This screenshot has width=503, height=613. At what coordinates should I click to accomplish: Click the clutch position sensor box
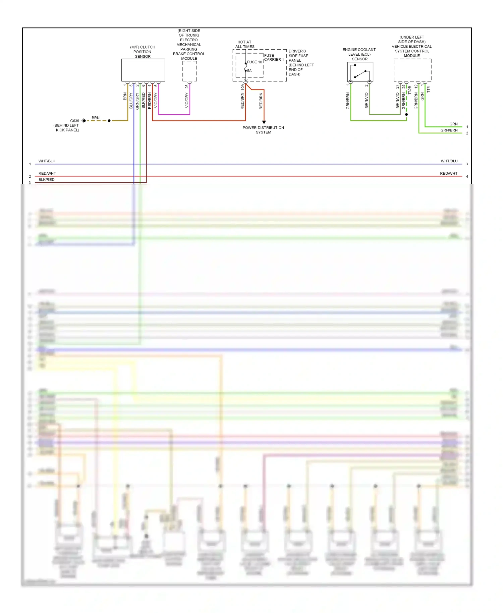(143, 70)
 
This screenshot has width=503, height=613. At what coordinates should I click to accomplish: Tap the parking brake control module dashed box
(189, 71)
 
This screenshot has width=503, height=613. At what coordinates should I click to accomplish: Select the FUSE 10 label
(255, 62)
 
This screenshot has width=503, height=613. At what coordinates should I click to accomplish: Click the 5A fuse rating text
(249, 71)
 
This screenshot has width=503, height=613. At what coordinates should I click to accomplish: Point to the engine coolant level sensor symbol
(360, 72)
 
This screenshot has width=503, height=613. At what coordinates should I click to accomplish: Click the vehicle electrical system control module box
(412, 70)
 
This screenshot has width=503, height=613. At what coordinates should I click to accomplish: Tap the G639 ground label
(74, 121)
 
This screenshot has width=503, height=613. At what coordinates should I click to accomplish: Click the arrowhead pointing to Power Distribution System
(264, 122)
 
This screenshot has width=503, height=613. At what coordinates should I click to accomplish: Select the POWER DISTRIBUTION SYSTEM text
(263, 130)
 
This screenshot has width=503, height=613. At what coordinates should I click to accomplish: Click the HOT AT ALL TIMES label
(245, 44)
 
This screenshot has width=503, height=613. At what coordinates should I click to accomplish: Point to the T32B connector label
(410, 90)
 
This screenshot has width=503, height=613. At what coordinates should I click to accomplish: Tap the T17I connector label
(429, 89)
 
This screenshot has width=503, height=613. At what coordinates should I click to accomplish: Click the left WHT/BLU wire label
(47, 161)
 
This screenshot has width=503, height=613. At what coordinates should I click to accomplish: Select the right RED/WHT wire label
(449, 173)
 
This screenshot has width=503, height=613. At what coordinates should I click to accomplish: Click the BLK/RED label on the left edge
(46, 180)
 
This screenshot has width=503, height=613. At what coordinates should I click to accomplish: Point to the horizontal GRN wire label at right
(453, 124)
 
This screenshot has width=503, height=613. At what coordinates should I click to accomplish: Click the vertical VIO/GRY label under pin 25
(187, 100)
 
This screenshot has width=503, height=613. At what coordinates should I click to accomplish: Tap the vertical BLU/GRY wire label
(131, 101)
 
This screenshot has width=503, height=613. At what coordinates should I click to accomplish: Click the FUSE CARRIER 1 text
(274, 57)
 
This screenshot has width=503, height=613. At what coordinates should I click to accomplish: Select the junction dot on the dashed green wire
(406, 114)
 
